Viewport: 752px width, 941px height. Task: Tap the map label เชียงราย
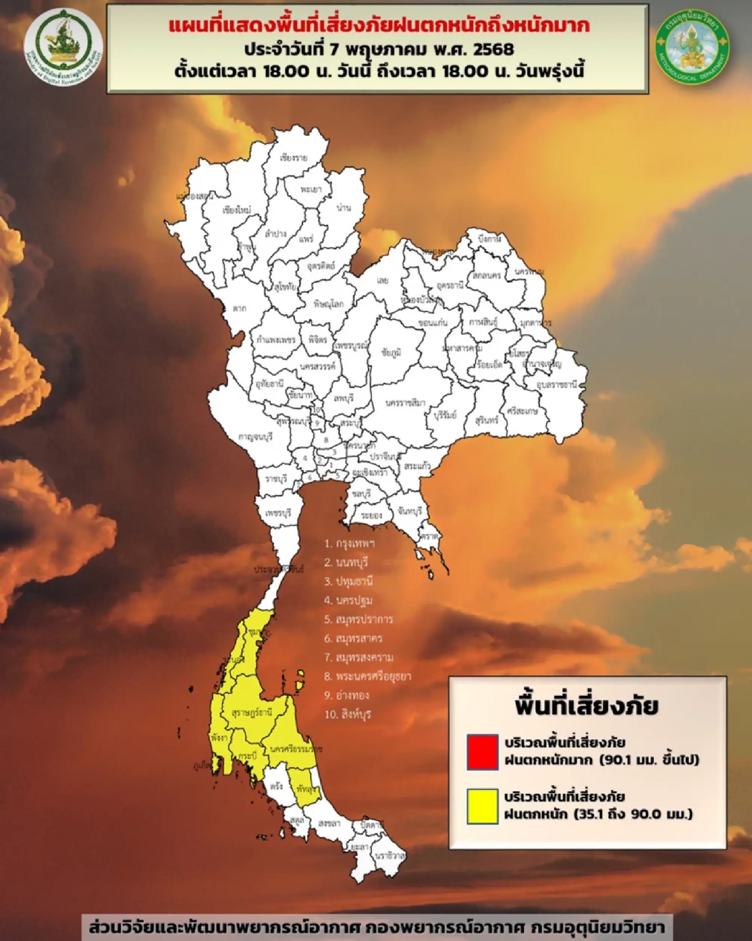293,158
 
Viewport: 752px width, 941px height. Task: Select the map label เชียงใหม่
237,210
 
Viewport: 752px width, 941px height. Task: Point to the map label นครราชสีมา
405,403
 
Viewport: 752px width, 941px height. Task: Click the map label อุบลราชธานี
556,385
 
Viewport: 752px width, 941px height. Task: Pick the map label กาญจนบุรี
256,436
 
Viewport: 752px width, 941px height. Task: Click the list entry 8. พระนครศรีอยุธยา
367,676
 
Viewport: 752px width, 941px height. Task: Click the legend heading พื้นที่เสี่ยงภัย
586,705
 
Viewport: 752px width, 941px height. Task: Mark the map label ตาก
239,309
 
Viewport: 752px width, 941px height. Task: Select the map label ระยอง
371,515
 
